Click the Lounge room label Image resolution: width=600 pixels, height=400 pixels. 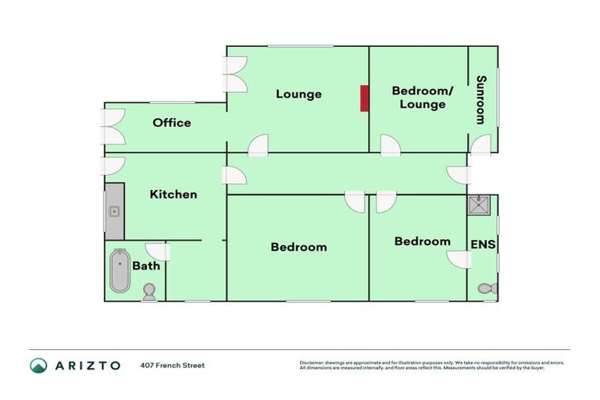click(x=298, y=95)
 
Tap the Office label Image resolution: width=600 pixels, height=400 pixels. click(x=172, y=123)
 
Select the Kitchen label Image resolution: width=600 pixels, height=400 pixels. click(x=173, y=194)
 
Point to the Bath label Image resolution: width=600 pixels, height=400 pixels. click(x=146, y=266)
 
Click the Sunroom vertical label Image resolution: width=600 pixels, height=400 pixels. click(x=481, y=99)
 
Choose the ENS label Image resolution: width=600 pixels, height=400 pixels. click(x=483, y=245)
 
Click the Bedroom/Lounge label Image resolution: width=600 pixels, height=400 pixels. click(x=422, y=98)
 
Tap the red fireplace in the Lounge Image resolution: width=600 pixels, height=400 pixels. click(x=364, y=98)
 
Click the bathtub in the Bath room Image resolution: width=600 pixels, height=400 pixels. click(x=120, y=271)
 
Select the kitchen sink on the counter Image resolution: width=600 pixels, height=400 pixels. click(x=114, y=211)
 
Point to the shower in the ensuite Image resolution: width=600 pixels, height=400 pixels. click(x=477, y=205)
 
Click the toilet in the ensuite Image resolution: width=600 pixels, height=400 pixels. click(x=488, y=289)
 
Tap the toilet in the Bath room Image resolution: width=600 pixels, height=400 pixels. click(x=148, y=292)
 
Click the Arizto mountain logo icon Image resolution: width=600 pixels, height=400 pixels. click(x=39, y=365)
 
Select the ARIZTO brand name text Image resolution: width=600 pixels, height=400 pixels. click(x=87, y=365)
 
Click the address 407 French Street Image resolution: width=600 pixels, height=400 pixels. click(x=173, y=365)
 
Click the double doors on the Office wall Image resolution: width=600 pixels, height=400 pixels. click(x=114, y=127)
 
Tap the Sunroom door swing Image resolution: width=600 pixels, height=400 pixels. click(x=481, y=145)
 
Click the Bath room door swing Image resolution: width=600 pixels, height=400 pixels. click(x=159, y=252)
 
